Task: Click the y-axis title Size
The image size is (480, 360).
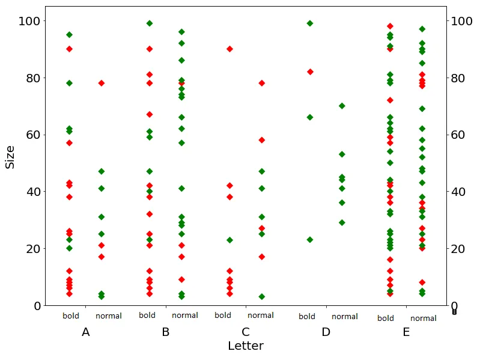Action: (10, 156)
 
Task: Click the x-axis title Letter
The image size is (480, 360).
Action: (245, 346)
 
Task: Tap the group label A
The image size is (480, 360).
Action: (85, 332)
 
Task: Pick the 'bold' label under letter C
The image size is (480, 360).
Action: (222, 316)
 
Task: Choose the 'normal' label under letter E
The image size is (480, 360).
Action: (424, 319)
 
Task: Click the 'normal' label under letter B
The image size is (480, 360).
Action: (185, 316)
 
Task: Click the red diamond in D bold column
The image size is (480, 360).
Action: (310, 72)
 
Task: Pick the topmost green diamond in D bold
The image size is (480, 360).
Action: (310, 23)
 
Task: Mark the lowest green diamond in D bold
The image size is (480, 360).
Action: (310, 240)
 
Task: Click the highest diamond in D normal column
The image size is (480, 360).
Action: (342, 106)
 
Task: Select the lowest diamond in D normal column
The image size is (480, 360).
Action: (342, 222)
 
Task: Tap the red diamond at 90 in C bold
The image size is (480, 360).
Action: (229, 49)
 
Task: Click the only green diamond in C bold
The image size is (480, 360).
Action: (229, 240)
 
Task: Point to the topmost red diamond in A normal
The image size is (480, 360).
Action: (102, 83)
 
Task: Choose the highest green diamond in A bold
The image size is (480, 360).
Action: (69, 35)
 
